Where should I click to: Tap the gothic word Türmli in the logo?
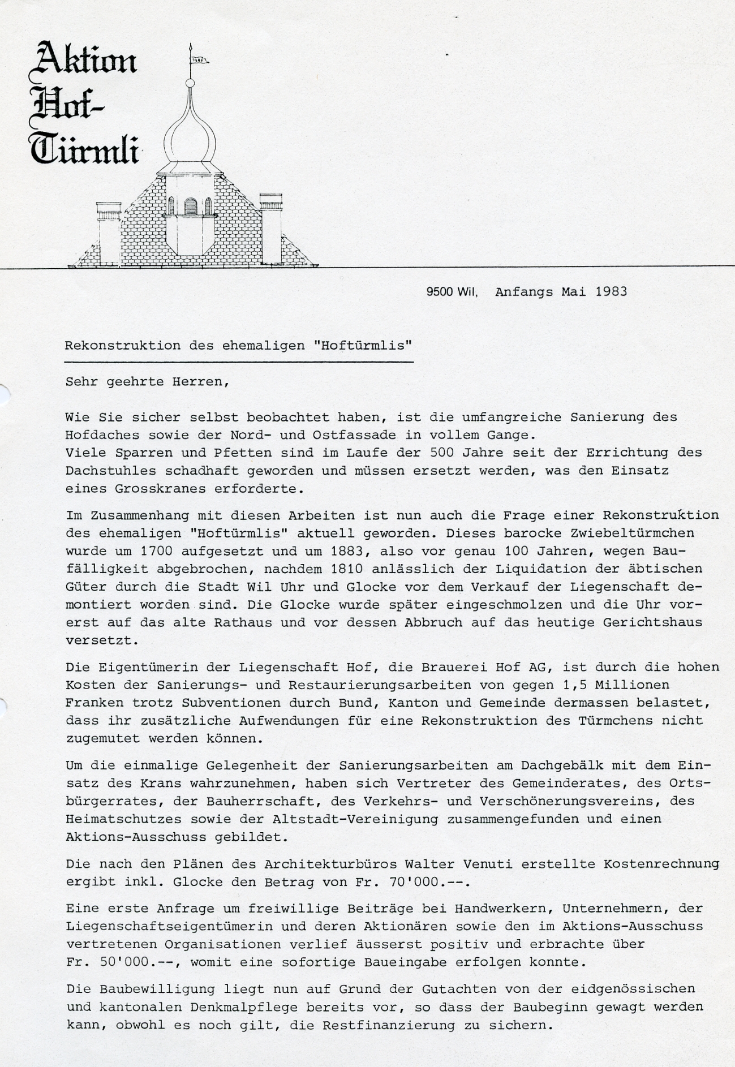(x=84, y=150)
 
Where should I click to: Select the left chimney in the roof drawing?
(x=109, y=233)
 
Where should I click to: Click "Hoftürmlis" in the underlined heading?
(x=362, y=345)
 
